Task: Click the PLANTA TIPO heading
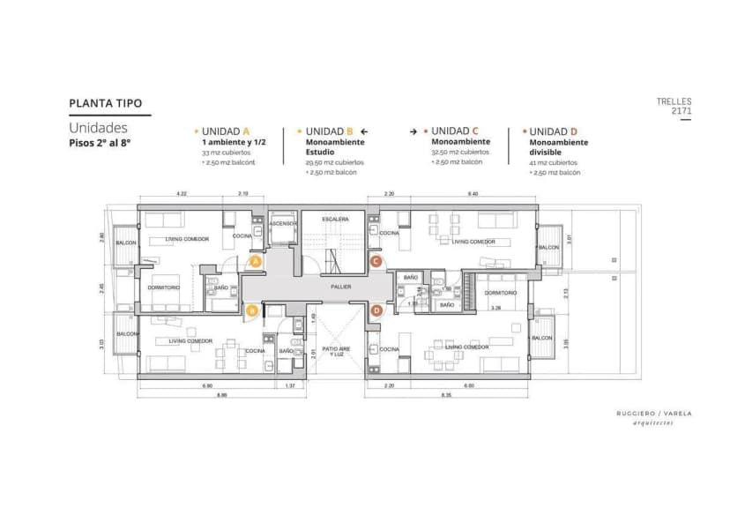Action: (105, 103)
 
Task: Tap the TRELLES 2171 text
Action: (674, 107)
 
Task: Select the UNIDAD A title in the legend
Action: (226, 131)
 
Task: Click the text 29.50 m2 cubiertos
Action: (334, 162)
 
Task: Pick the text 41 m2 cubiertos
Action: (554, 162)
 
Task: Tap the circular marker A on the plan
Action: (256, 262)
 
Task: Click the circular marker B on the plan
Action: (252, 310)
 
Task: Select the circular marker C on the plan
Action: (376, 261)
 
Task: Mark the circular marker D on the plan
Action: (376, 310)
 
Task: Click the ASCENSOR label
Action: (283, 223)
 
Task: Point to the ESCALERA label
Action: (335, 219)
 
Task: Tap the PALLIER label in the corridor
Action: (341, 287)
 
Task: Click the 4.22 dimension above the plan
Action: (182, 193)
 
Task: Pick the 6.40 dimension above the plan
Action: (473, 193)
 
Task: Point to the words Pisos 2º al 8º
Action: (100, 142)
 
